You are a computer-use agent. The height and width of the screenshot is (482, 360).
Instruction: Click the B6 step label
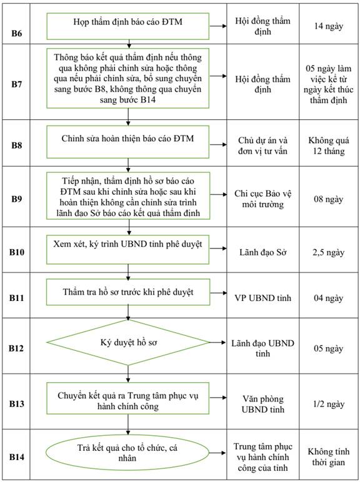(17, 33)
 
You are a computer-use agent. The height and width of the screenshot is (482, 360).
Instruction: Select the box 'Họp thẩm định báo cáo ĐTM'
(127, 26)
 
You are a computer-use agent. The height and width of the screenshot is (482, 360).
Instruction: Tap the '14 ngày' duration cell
(328, 26)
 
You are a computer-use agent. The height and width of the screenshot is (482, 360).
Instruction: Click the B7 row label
(17, 84)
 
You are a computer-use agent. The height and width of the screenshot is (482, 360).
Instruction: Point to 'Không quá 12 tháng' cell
(328, 145)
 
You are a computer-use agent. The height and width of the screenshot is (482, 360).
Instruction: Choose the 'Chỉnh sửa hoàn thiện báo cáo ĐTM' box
(127, 142)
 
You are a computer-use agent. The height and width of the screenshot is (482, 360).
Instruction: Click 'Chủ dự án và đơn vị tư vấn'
(262, 145)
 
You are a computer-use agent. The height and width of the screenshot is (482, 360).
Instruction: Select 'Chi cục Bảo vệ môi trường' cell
(262, 199)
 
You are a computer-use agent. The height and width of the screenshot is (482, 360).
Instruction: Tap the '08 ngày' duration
(328, 199)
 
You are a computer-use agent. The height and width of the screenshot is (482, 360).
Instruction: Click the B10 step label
(17, 252)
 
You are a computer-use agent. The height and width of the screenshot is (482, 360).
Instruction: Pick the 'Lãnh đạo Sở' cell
(262, 252)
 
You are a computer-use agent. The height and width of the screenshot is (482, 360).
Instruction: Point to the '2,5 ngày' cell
(328, 252)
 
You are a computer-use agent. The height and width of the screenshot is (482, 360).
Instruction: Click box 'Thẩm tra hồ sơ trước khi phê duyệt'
(128, 292)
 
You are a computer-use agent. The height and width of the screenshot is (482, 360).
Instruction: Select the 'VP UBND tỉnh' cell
(262, 298)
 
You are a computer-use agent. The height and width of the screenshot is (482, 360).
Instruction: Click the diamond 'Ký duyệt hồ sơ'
(128, 342)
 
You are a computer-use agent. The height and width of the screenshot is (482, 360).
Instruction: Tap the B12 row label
(17, 348)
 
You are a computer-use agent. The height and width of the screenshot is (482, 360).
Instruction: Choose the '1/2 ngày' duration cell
(328, 404)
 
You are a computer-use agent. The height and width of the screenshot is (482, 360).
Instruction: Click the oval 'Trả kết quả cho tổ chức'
(127, 453)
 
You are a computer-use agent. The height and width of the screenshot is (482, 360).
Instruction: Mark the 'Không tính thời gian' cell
(328, 457)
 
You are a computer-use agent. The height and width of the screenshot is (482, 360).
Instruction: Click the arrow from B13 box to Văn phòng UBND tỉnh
(218, 398)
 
